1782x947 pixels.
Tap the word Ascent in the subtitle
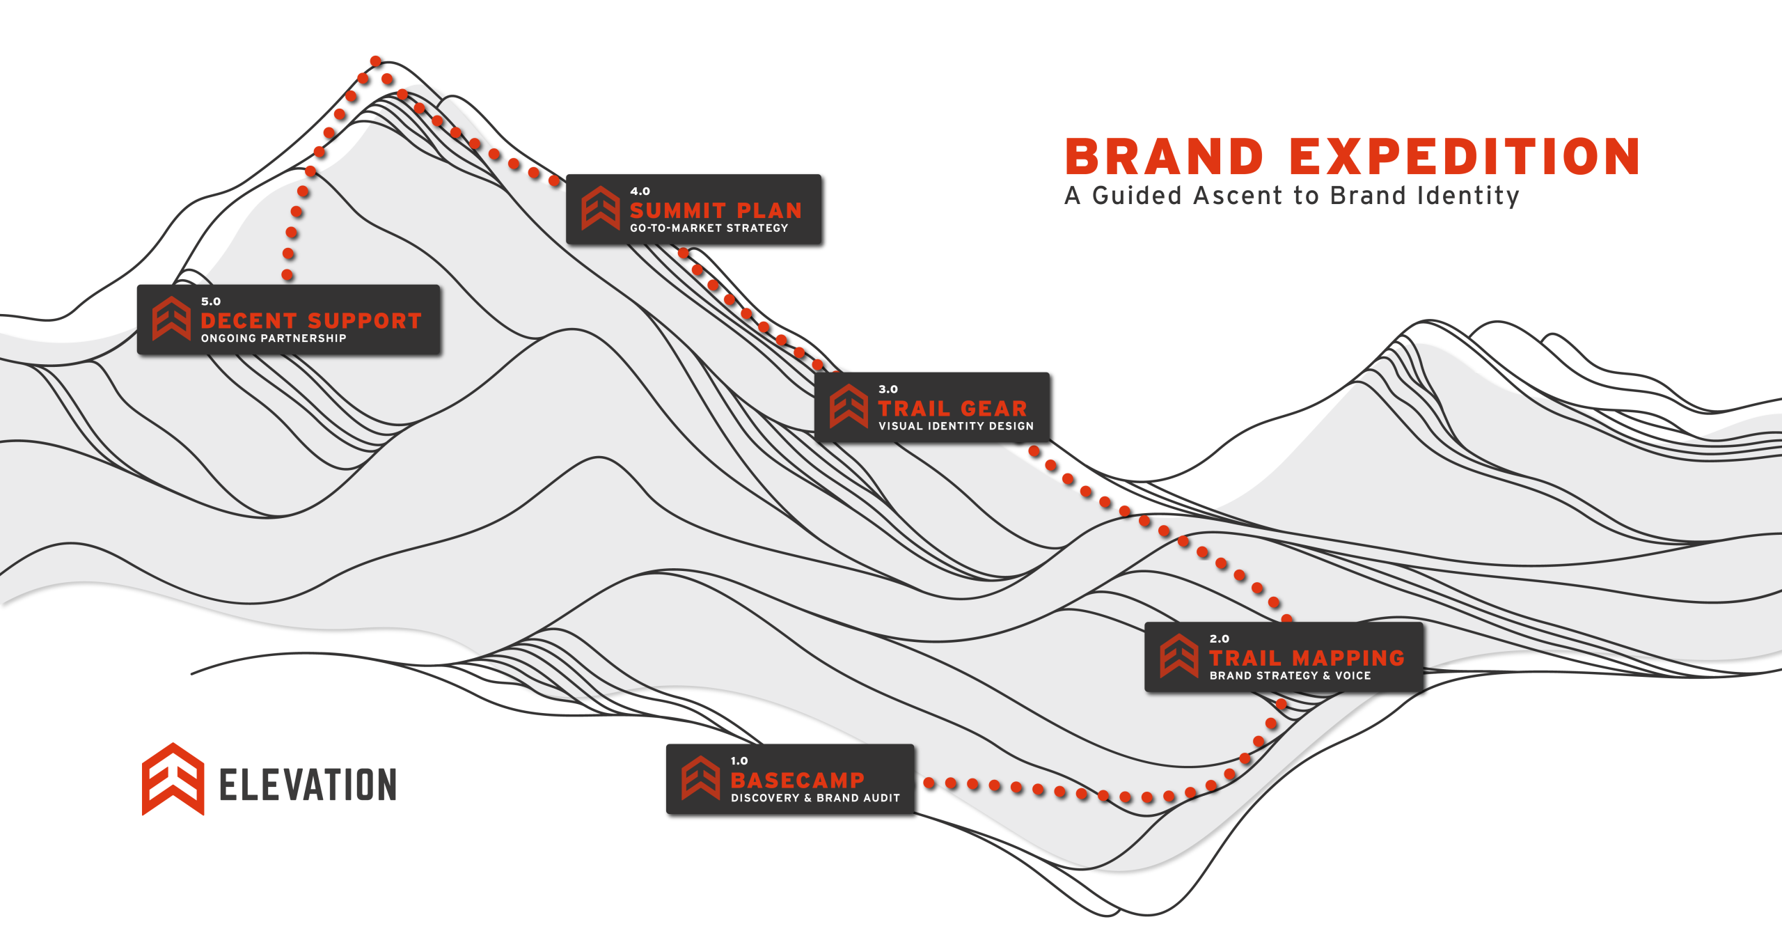(1237, 196)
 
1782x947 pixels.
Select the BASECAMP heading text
(797, 780)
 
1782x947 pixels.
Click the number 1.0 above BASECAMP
(739, 761)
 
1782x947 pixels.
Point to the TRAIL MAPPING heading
(1307, 658)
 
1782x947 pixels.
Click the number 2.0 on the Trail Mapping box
(1219, 639)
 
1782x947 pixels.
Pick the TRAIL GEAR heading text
(952, 409)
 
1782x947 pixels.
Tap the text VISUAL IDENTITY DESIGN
(956, 426)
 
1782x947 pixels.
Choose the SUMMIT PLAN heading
(716, 210)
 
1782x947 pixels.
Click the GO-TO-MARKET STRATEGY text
(709, 228)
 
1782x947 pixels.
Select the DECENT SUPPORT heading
(311, 320)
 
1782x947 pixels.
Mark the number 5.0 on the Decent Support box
(210, 302)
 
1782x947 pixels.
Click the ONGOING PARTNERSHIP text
(274, 338)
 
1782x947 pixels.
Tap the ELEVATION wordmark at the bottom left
(308, 785)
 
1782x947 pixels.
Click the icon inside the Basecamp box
(700, 778)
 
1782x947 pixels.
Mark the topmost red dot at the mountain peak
(376, 61)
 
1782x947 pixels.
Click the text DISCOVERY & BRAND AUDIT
(815, 798)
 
